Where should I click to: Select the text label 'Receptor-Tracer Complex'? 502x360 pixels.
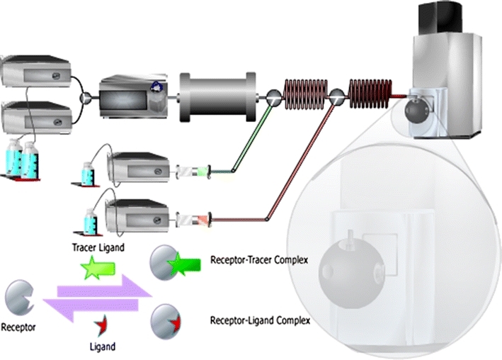pyautogui.click(x=258, y=260)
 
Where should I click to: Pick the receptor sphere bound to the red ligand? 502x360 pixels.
pyautogui.click(x=164, y=319)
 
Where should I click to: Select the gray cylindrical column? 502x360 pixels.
pyautogui.click(x=217, y=93)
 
